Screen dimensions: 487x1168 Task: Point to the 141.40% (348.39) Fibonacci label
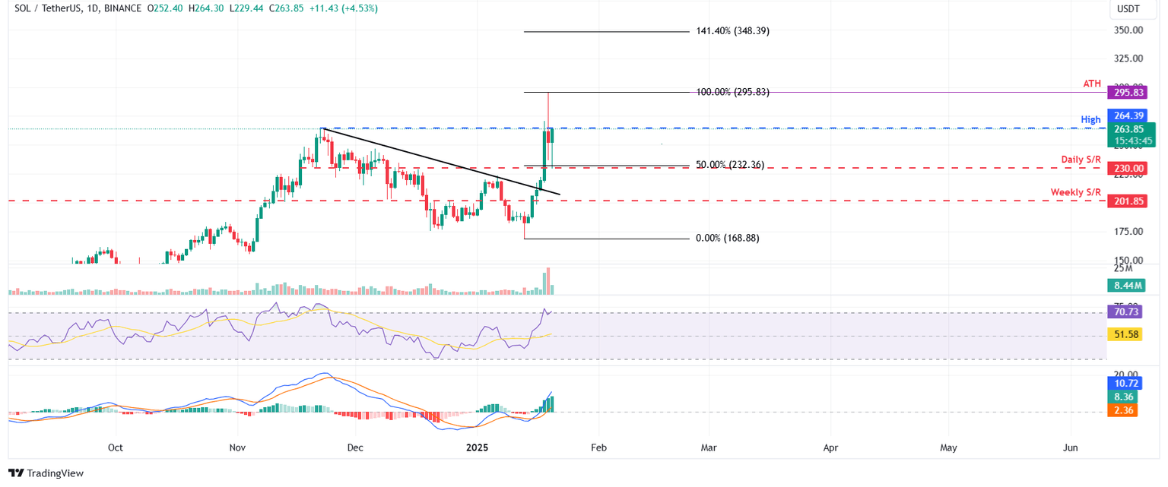click(x=732, y=31)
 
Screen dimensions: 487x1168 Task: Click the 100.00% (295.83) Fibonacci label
click(x=732, y=92)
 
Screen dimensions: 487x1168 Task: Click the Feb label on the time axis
click(x=598, y=447)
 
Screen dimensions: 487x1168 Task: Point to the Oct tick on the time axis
click(x=116, y=447)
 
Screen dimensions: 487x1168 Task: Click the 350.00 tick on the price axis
click(x=1128, y=30)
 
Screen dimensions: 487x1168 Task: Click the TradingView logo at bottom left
click(x=46, y=473)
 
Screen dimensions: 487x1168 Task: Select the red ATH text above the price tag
click(x=1092, y=84)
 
